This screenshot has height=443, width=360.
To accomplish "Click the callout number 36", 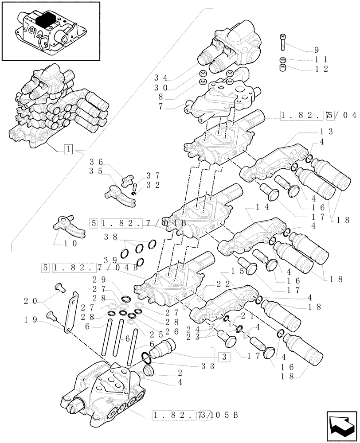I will pos(96,162).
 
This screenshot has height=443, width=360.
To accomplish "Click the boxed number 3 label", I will pos(224,356).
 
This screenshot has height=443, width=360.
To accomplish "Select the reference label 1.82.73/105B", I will pos(195,415).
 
